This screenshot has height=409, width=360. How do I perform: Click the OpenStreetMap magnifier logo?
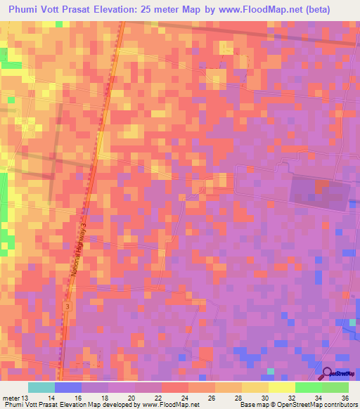click(328, 374)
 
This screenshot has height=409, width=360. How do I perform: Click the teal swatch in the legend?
click(41, 387)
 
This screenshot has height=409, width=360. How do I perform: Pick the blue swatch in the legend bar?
click(67, 387)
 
